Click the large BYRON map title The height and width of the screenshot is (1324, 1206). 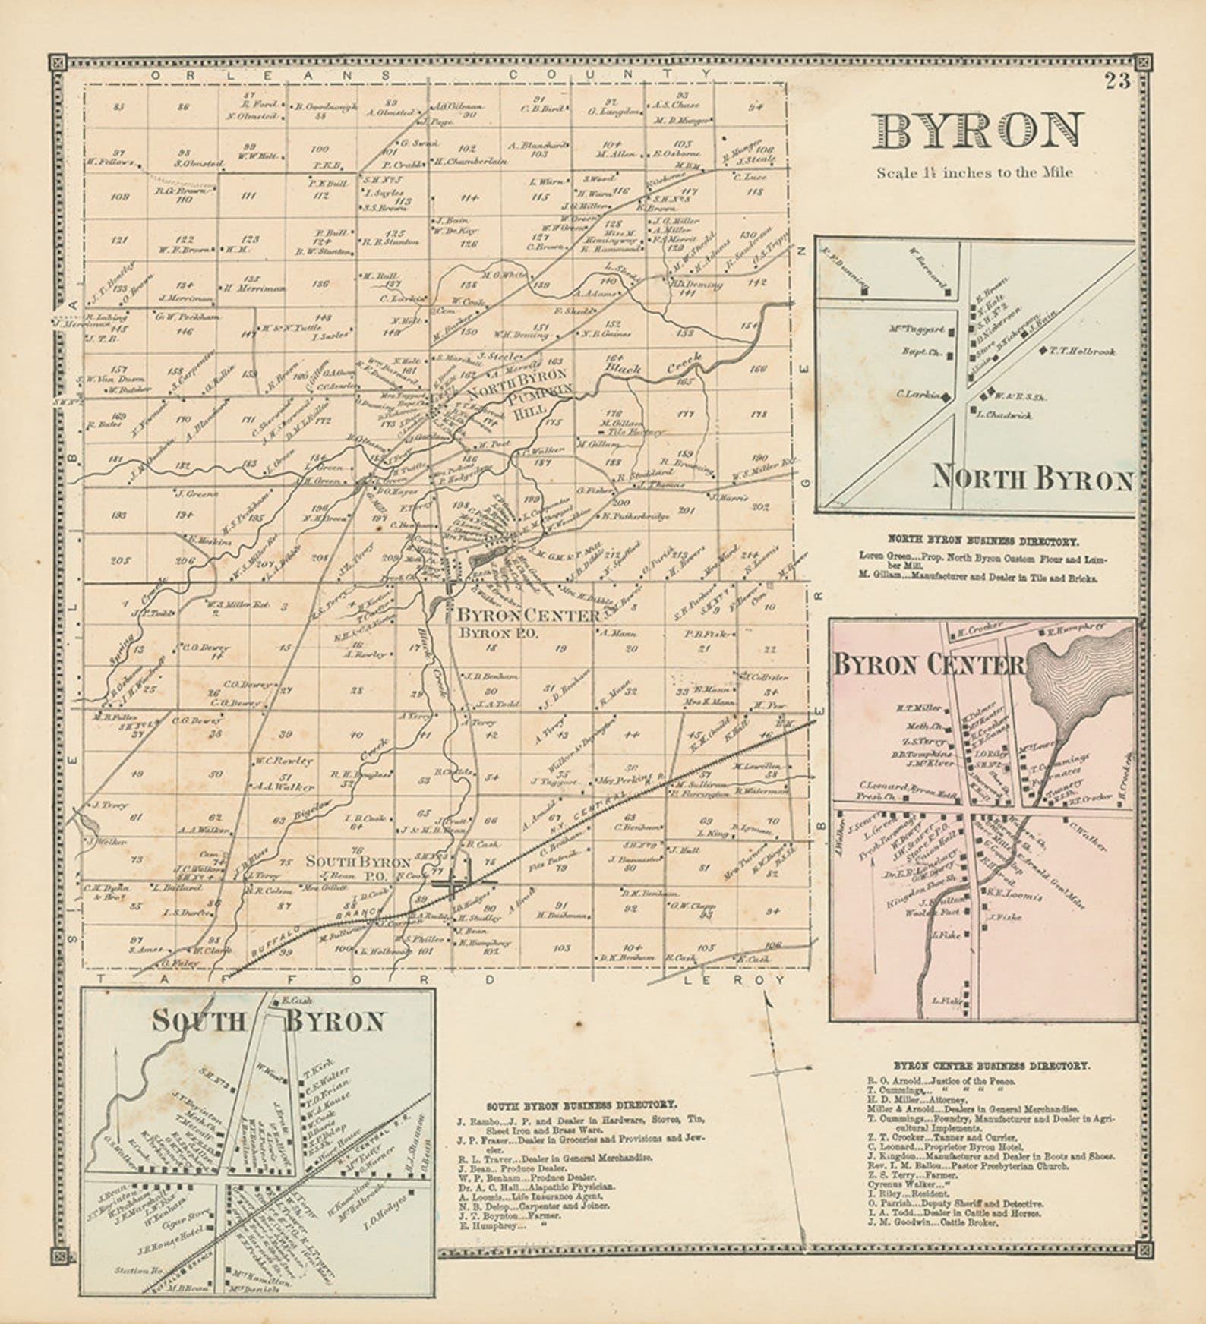tap(977, 132)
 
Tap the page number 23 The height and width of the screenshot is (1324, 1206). tap(1117, 80)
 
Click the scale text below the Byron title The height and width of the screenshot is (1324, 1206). tap(974, 172)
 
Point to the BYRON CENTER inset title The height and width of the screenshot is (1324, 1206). tap(928, 665)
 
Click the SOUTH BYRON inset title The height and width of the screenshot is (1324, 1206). tap(267, 1021)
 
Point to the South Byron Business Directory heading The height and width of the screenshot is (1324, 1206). tap(582, 1105)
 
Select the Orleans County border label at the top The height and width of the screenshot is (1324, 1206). tap(433, 74)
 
